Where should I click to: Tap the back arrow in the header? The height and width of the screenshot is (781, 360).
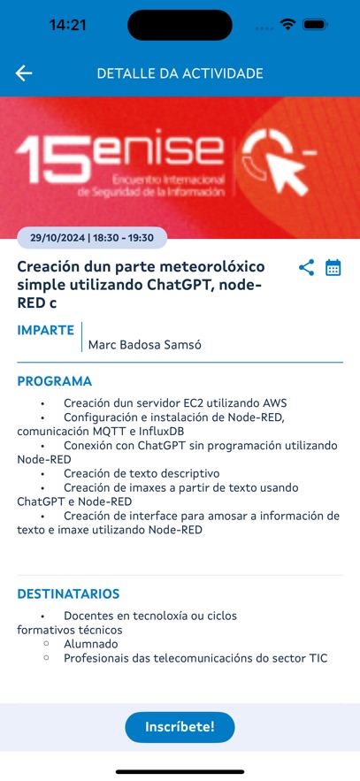pos(24,73)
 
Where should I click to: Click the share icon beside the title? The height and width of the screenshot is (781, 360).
pos(307,267)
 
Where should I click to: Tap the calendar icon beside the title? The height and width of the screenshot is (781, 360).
pos(333,267)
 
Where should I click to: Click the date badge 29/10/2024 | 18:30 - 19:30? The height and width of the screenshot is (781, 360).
pos(92,238)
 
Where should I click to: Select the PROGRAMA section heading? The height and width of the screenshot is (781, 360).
pos(55,381)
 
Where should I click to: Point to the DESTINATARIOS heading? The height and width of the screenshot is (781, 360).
pos(68,593)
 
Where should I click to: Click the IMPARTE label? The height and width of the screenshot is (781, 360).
pos(46,330)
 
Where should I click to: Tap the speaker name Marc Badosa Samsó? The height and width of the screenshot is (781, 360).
pos(145,345)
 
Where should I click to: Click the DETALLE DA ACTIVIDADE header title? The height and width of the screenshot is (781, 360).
pos(180,73)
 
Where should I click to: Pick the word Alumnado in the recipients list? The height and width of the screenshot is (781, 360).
pos(90,644)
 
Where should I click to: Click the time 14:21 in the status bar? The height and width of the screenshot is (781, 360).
pos(68,25)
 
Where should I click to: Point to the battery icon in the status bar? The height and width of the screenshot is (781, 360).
pos(315,25)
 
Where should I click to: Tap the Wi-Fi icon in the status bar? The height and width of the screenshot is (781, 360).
pos(287,25)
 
